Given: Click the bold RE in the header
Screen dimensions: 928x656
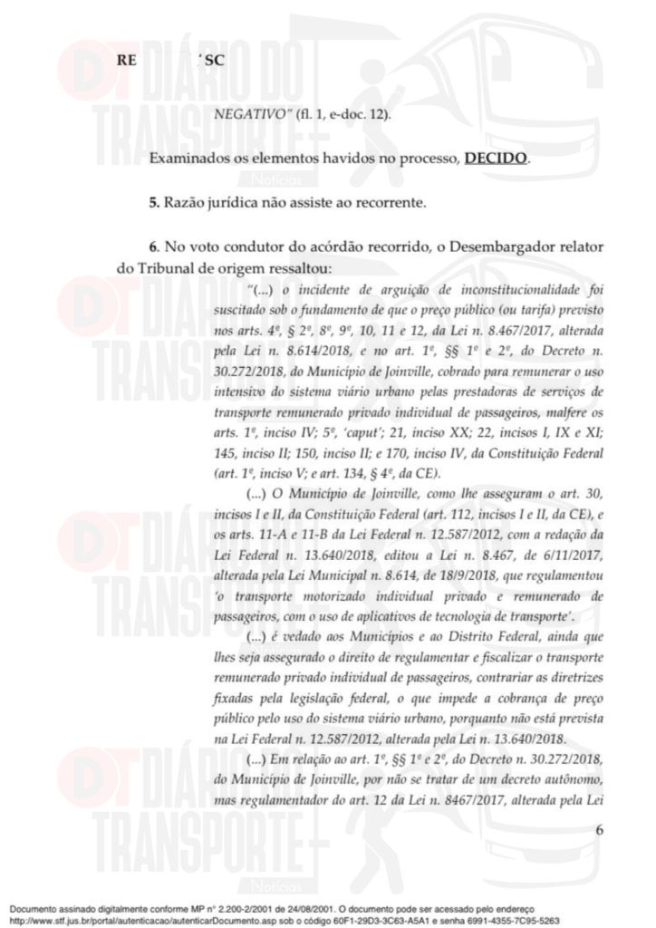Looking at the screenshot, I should tap(123, 61).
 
